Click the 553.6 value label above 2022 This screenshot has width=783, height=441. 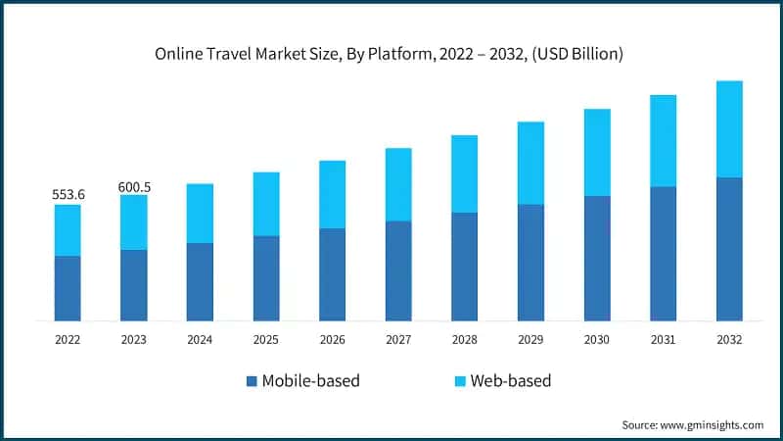(68, 195)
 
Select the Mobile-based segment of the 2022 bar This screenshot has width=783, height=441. (68, 288)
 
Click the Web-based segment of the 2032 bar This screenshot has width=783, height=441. (729, 129)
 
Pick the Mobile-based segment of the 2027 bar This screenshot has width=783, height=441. (398, 270)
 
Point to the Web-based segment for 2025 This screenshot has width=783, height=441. (266, 204)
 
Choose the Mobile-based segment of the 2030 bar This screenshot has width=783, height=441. (597, 258)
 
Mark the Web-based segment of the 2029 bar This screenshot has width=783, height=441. (530, 163)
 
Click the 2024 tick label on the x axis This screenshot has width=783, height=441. (200, 339)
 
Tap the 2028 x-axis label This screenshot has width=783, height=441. (465, 339)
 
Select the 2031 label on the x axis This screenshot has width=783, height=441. (663, 339)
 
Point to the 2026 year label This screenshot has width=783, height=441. (332, 339)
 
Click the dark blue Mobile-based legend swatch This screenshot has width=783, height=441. (253, 381)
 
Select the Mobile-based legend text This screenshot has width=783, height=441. (311, 381)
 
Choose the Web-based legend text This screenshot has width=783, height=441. (510, 381)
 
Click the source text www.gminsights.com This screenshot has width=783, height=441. (711, 424)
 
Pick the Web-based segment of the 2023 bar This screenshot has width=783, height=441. (134, 222)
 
